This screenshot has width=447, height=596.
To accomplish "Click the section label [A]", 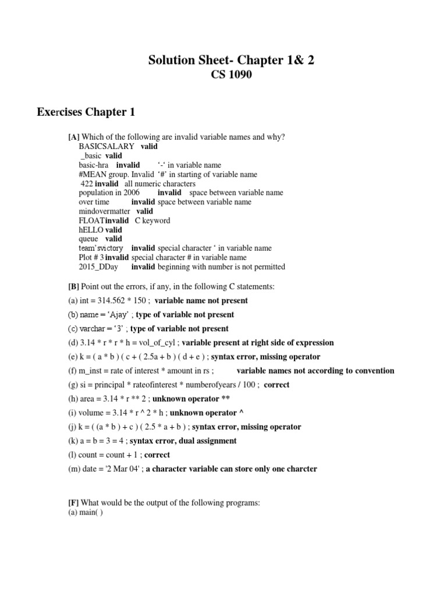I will tap(73, 137).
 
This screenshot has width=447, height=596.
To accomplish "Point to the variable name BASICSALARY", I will tap(107, 146).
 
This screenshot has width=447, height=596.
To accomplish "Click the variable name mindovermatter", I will tap(104, 211).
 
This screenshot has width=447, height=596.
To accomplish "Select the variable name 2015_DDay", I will tap(98, 267).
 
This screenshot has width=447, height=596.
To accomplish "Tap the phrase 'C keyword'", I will tap(152, 221).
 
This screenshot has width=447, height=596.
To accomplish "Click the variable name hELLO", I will tap(90, 230).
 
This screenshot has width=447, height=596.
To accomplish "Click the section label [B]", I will tap(73, 286).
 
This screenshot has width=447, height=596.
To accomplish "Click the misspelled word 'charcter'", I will tap(301, 469).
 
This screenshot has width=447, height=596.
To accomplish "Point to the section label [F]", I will tap(73, 502).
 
